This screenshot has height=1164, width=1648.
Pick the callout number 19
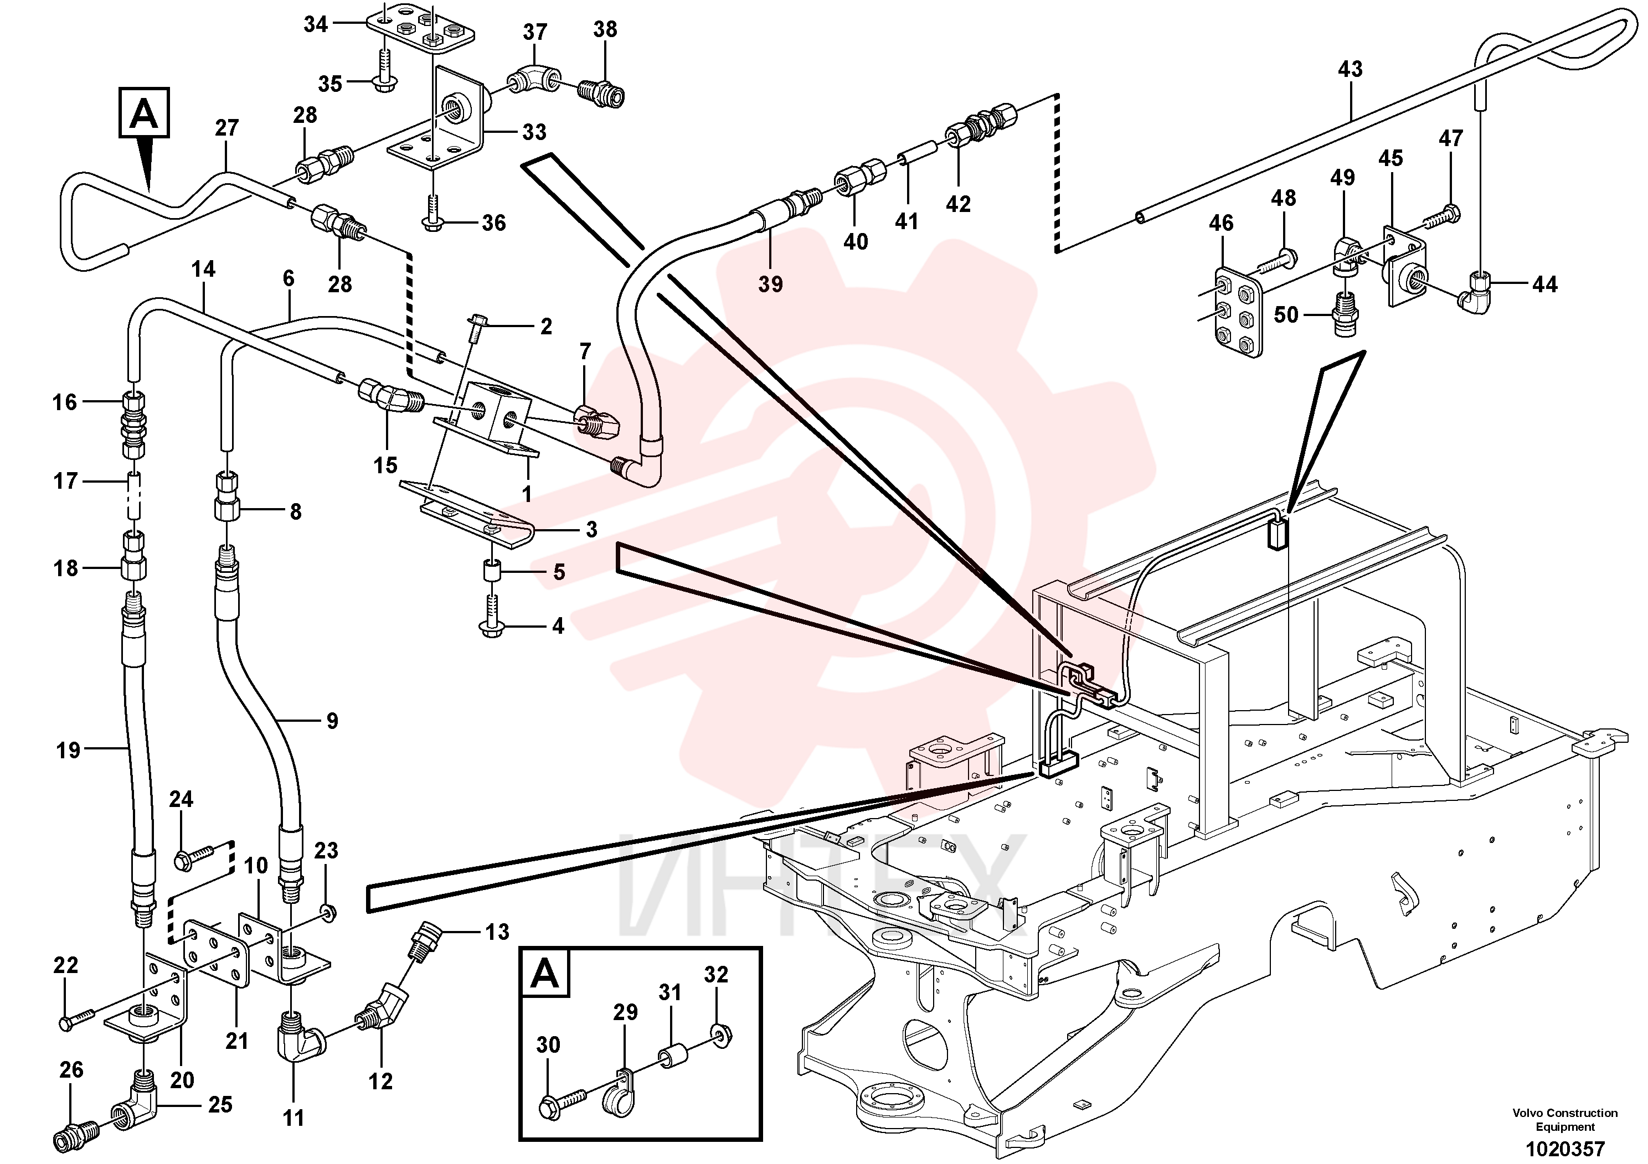coord(68,751)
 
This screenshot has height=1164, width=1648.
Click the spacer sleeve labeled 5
coord(492,572)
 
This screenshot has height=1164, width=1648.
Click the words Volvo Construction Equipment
coord(1565,1120)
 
